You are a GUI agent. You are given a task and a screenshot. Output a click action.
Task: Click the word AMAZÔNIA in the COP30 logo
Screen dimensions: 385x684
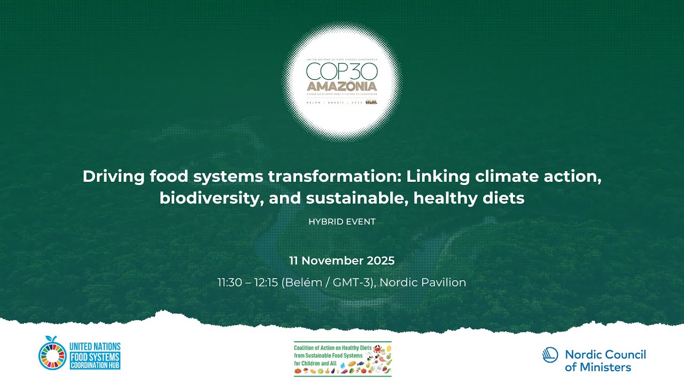(x=341, y=86)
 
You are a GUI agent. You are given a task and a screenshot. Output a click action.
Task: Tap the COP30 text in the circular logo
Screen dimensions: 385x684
(x=341, y=71)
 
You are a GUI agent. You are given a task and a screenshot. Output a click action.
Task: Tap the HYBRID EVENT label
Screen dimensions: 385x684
(x=342, y=221)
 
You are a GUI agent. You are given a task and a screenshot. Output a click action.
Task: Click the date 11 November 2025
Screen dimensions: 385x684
(x=342, y=261)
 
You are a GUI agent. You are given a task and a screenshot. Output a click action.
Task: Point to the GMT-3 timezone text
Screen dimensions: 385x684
(x=352, y=282)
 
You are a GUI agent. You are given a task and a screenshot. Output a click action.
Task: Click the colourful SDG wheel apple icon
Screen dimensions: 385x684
(x=52, y=355)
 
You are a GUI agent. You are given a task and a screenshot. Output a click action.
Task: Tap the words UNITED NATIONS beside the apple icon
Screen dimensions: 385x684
(x=95, y=346)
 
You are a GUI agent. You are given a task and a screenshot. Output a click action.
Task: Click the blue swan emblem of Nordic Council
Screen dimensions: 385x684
(x=550, y=356)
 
